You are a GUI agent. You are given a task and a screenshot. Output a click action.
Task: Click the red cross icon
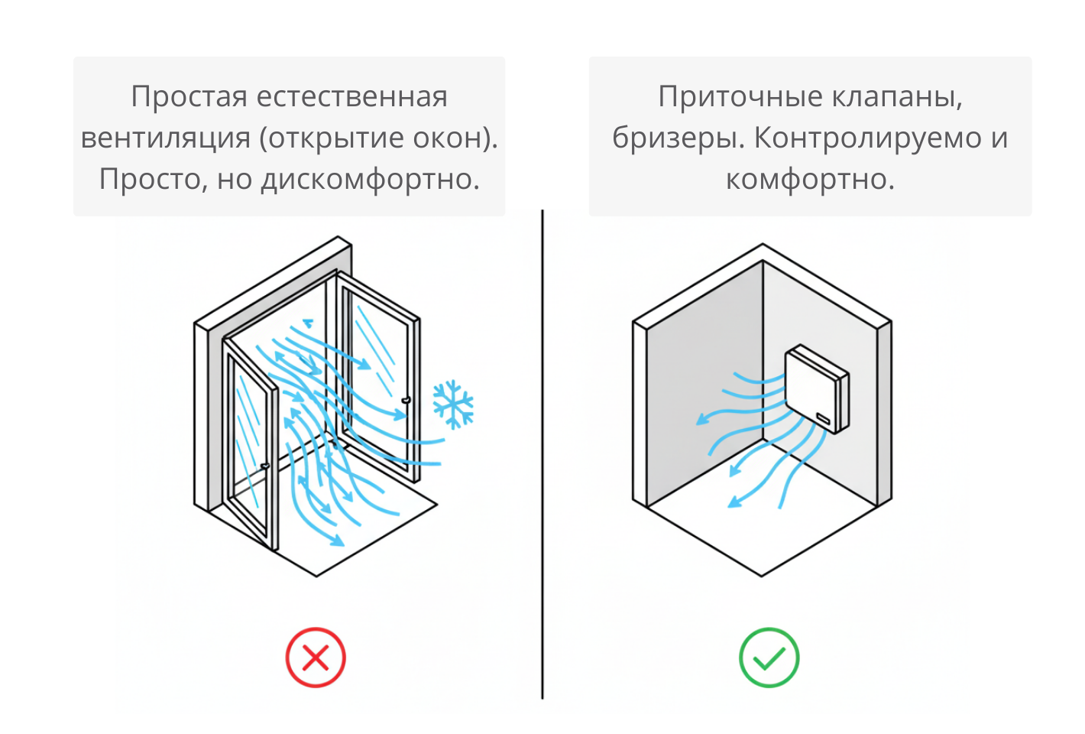pos(316,658)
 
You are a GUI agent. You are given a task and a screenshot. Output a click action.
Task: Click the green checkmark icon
pos(769,658)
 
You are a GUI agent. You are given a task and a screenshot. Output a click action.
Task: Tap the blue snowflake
pos(453,404)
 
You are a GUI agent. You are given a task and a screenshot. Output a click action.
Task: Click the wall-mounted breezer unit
pos(816,388)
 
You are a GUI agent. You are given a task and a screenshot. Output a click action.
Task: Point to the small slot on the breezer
pos(823,418)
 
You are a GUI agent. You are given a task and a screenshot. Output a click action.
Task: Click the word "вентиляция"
pos(166,138)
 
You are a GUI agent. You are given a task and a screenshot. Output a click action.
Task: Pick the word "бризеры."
pos(679,138)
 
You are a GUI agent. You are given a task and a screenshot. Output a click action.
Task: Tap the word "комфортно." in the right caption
pos(810,180)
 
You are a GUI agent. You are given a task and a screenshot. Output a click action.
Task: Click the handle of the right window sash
pos(406,399)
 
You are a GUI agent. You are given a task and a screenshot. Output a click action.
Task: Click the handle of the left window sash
pos(265,466)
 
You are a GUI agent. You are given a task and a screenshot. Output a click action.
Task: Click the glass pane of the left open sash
pos(248,443)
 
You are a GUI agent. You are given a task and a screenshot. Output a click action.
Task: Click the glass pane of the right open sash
pos(374,375)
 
